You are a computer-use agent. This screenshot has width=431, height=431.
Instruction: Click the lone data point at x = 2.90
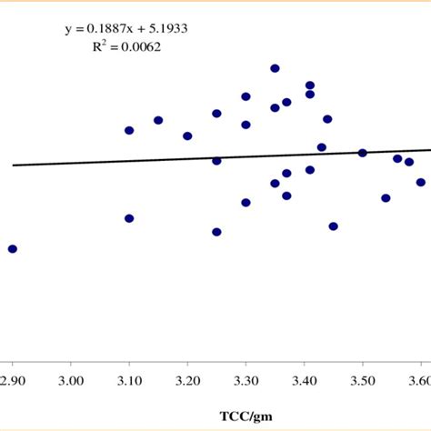[x=13, y=248]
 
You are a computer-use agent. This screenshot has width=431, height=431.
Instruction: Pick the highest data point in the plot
[x=275, y=68]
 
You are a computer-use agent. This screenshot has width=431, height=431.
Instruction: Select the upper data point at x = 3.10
[x=129, y=130]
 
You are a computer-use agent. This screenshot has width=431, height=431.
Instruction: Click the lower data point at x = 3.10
[x=129, y=218]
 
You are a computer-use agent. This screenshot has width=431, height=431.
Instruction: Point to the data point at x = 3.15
[x=158, y=120]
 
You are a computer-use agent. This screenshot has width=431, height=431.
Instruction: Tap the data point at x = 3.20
[x=187, y=135]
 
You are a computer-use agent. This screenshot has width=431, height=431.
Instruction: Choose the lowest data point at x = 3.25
[x=216, y=232]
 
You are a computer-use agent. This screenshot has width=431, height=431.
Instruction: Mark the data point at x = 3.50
[x=362, y=153]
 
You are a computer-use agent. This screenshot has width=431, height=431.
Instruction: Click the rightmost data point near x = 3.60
[x=421, y=182]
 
